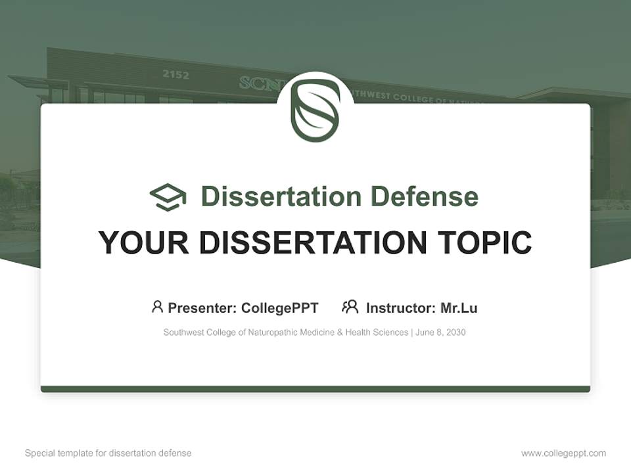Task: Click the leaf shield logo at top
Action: (315, 110)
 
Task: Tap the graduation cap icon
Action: (168, 197)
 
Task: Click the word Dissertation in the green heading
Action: (281, 196)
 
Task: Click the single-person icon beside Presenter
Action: (157, 307)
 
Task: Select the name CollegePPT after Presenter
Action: (280, 307)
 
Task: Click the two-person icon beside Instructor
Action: (350, 307)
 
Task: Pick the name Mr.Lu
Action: (459, 307)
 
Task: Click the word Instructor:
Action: (400, 307)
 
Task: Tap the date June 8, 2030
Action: (441, 332)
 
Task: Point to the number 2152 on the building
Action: (175, 74)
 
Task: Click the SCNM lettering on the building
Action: (257, 83)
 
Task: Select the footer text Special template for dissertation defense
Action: (108, 453)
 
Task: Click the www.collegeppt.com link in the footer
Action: (563, 453)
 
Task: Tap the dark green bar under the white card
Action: (315, 389)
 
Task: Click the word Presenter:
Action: (202, 307)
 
